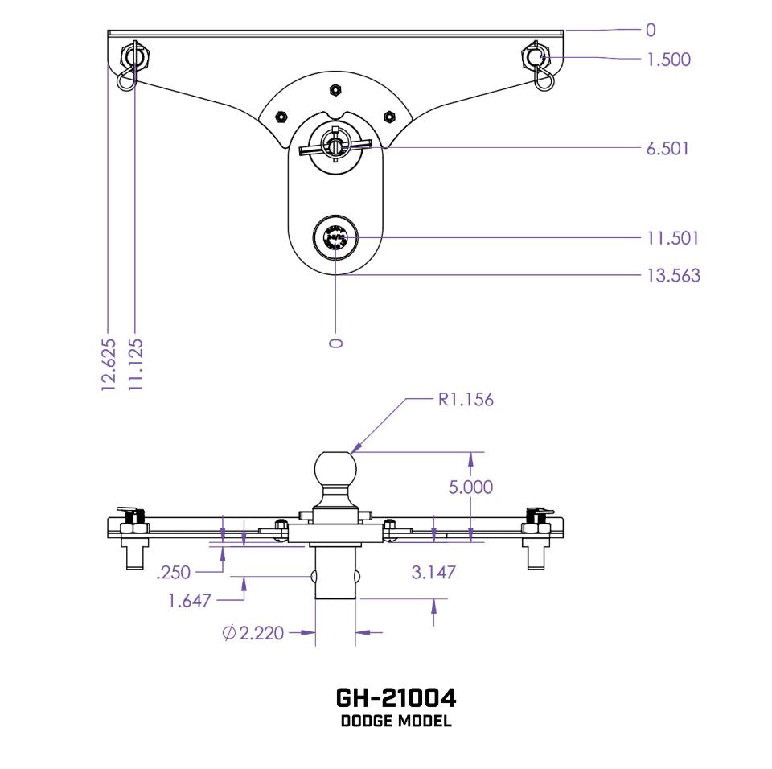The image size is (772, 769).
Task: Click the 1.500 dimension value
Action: [668, 60]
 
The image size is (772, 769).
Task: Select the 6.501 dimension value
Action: [667, 149]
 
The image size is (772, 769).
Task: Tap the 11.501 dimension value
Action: [672, 238]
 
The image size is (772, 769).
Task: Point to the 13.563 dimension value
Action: [673, 276]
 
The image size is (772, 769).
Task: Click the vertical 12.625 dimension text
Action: [109, 364]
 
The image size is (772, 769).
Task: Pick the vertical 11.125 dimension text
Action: [135, 364]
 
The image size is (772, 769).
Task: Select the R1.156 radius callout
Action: [465, 400]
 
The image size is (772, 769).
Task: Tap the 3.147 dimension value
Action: [433, 572]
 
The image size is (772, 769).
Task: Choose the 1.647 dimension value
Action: [190, 600]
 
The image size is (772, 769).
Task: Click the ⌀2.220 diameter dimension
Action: [252, 633]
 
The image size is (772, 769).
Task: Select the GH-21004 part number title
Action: [396, 697]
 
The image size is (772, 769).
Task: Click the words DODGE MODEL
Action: [396, 721]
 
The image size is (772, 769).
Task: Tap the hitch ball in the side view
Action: [334, 469]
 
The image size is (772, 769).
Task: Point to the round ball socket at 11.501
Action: [334, 237]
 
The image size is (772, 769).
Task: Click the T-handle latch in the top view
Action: [334, 146]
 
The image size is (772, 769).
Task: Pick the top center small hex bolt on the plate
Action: [334, 88]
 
